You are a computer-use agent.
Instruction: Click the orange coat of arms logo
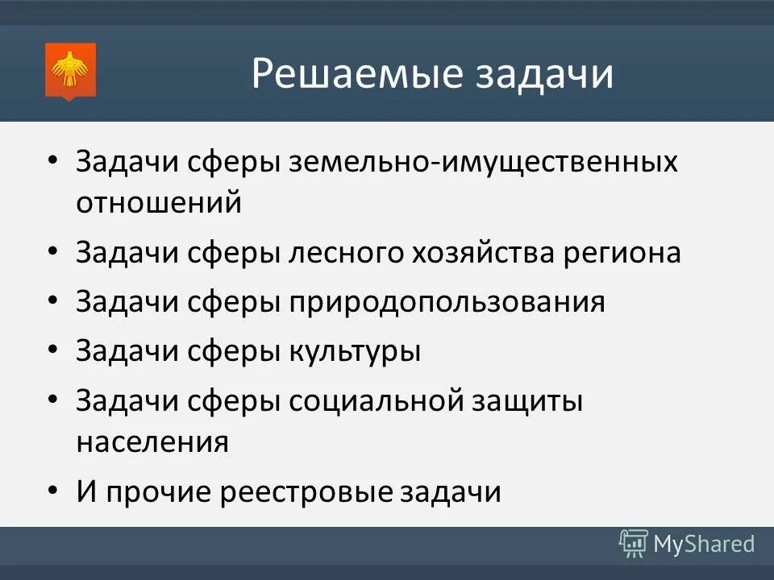[71, 72]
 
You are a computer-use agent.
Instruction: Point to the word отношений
[159, 202]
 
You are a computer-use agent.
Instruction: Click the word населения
[153, 441]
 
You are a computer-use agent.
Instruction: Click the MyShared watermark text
[704, 545]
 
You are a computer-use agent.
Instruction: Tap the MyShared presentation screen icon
[634, 545]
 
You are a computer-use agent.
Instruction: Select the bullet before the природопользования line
[53, 302]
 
